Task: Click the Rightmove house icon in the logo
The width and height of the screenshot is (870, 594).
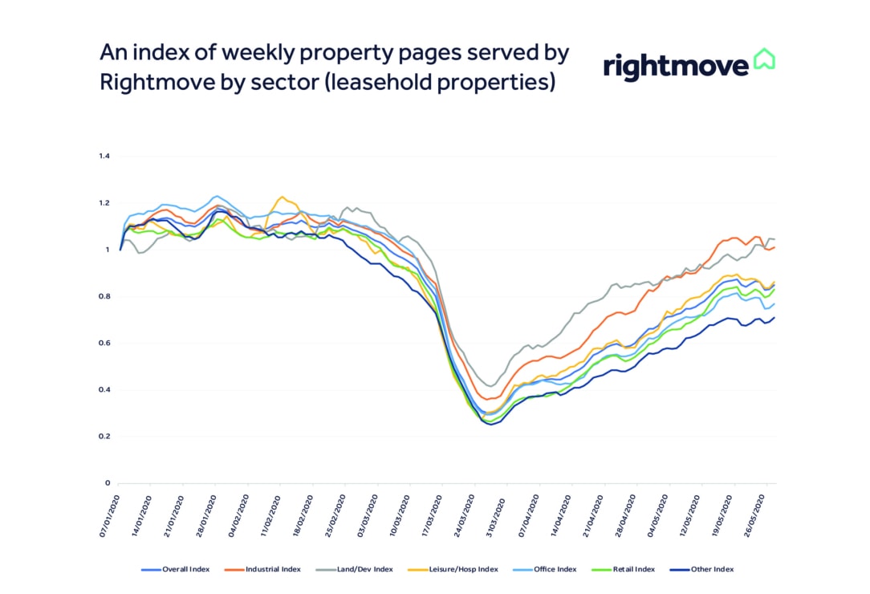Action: (763, 60)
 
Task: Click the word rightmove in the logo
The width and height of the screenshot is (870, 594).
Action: (675, 66)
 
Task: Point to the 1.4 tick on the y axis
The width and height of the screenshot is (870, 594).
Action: (104, 156)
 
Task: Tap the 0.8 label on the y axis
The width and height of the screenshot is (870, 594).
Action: (104, 296)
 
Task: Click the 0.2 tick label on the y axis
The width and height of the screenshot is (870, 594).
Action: (104, 437)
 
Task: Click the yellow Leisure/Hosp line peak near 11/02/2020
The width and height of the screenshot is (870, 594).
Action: (281, 197)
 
